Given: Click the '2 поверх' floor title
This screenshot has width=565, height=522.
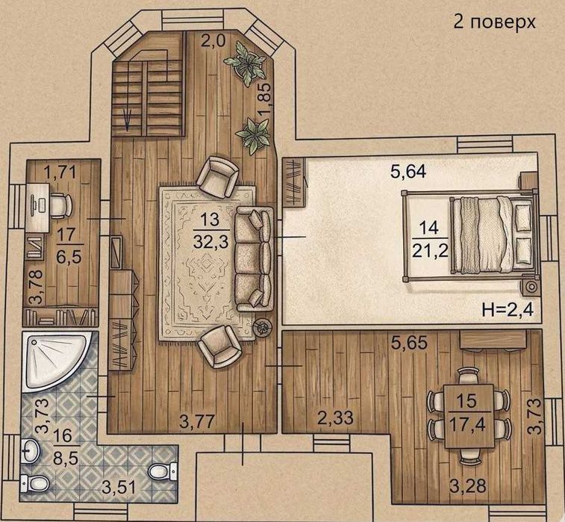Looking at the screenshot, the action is [x=494, y=22].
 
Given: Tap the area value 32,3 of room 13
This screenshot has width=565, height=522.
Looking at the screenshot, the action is [x=210, y=241].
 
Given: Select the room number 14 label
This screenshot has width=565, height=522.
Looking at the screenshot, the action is [x=429, y=228].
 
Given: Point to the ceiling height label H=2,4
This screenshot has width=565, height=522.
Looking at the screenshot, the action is [x=508, y=309].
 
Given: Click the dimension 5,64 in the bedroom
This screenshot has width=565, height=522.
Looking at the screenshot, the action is [x=408, y=172].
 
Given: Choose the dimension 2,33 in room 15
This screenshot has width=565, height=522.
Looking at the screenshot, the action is [x=335, y=418].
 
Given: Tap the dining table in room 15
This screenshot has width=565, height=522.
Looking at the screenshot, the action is [x=469, y=417].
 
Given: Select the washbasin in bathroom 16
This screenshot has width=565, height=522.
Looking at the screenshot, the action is [x=31, y=450].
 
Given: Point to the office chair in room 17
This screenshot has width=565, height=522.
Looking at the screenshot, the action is [x=60, y=206].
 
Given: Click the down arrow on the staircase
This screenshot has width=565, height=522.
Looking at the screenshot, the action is [x=127, y=121].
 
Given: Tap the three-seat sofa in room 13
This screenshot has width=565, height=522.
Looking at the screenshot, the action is [x=255, y=259].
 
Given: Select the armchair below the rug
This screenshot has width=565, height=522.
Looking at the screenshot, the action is [x=219, y=346].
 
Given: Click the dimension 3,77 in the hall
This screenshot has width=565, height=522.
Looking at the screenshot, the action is [x=197, y=421].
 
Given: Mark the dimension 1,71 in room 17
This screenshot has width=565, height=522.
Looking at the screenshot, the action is [x=60, y=172].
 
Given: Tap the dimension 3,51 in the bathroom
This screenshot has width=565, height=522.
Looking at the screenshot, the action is [x=119, y=488].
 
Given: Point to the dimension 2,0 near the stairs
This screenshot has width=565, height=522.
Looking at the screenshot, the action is [x=213, y=41].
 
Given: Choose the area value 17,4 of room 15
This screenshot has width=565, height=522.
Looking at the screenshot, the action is [x=467, y=425].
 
